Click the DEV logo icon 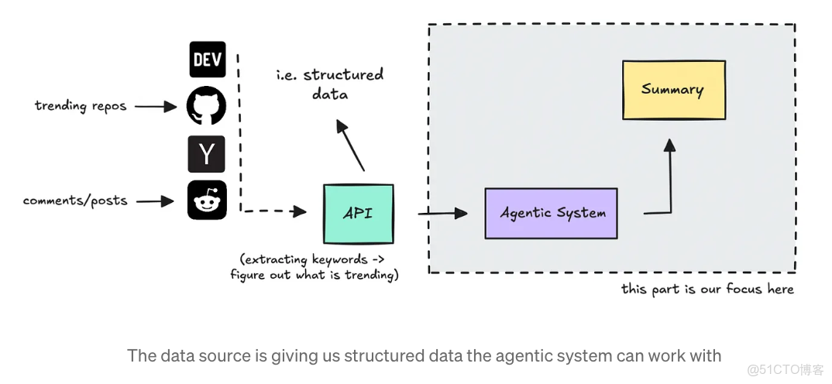coord(207,60)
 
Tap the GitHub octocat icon coord(207,106)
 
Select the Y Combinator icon coord(207,153)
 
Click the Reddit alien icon coord(207,201)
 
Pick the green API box coord(358,213)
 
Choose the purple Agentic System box coord(551,213)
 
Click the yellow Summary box coord(673,90)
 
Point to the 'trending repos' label coord(80,106)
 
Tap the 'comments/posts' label coord(75,201)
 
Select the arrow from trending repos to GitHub coord(156,107)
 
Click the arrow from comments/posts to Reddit coord(156,201)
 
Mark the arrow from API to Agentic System coord(443,212)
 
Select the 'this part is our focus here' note coord(707,289)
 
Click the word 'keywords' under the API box coord(339,260)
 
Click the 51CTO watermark coord(785,369)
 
